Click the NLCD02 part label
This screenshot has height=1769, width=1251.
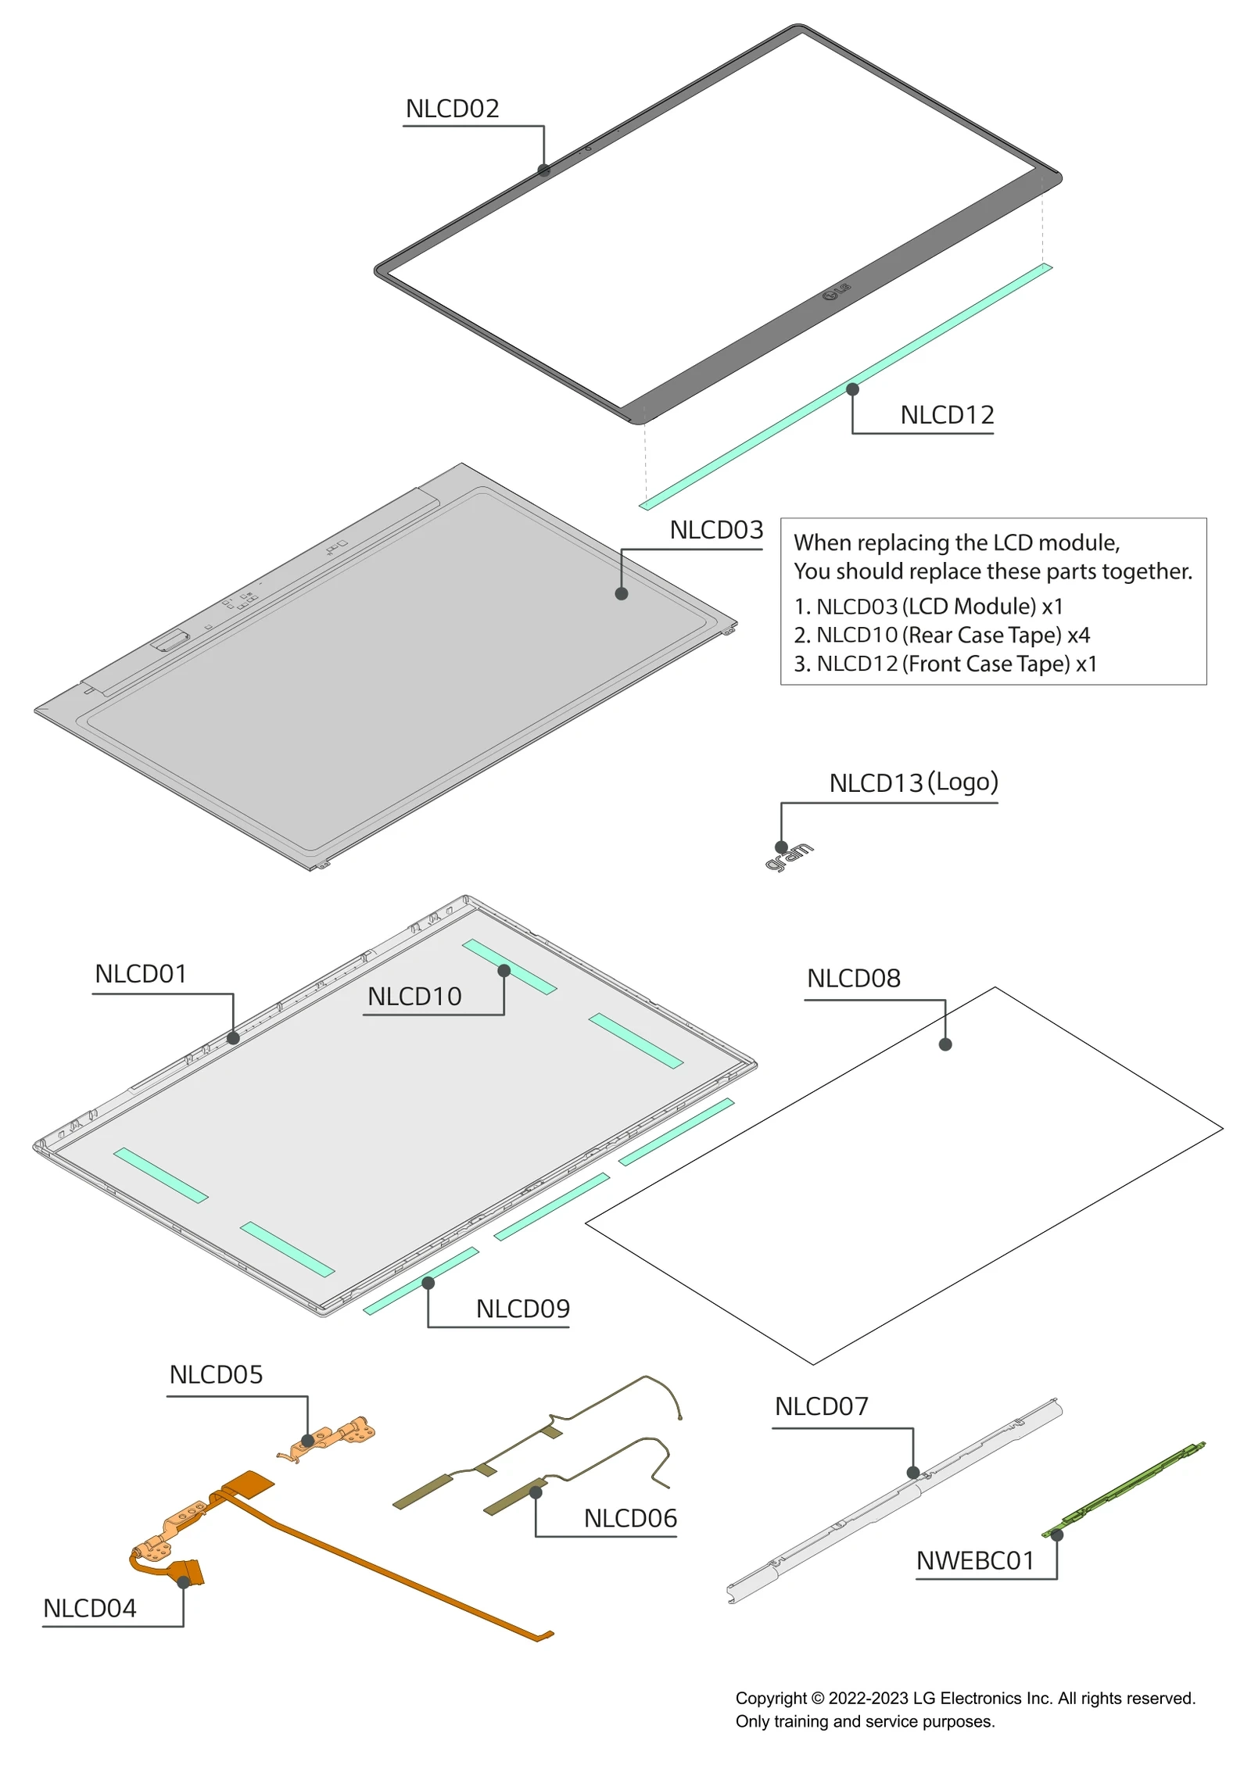(x=452, y=109)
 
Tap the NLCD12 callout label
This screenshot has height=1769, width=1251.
(x=946, y=415)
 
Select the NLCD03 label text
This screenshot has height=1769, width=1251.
(x=715, y=530)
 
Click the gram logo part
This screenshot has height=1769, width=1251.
(x=790, y=856)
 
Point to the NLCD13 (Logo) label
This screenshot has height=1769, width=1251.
(x=912, y=782)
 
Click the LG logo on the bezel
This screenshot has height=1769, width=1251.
(x=836, y=292)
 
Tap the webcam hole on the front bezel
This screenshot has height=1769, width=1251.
(x=588, y=148)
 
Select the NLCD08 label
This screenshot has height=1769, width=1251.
(x=853, y=978)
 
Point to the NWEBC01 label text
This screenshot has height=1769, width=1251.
(x=974, y=1560)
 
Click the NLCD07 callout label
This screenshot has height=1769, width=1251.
(x=821, y=1406)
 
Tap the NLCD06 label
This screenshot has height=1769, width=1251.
(x=630, y=1518)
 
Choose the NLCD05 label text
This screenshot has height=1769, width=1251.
(x=216, y=1374)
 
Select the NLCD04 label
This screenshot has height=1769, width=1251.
(x=89, y=1608)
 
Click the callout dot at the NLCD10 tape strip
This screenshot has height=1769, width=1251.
(x=504, y=971)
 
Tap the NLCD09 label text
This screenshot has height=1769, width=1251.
(x=522, y=1309)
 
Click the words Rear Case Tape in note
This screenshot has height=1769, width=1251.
(x=984, y=635)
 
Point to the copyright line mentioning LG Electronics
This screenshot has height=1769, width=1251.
(x=964, y=1698)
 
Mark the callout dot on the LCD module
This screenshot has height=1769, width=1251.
(x=622, y=593)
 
